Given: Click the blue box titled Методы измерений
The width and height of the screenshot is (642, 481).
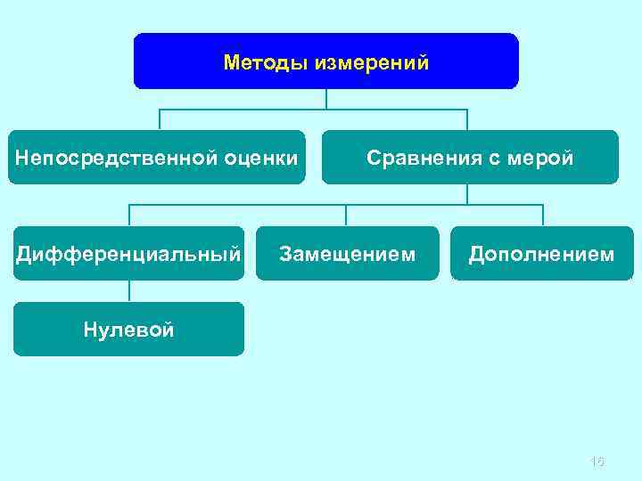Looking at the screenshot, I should (325, 61).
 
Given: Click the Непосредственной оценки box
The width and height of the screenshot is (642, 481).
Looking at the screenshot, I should (156, 158).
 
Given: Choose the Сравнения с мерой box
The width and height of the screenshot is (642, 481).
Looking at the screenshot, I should (469, 158).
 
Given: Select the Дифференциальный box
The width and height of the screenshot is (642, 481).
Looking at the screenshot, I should (128, 254).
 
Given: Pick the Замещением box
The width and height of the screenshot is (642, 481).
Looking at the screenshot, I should (347, 254).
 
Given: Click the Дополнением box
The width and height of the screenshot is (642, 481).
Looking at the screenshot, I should (542, 254).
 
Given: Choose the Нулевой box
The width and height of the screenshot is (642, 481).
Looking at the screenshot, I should (128, 329).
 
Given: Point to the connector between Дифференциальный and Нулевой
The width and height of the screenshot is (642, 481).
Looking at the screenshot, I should (129, 291).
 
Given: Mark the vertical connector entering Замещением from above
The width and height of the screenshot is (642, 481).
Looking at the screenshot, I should (347, 216).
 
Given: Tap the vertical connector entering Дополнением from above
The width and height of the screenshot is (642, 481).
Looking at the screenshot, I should (542, 216).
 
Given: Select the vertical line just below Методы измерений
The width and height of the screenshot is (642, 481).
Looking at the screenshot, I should (326, 99).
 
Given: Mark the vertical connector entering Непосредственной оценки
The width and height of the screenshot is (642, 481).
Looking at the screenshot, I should (160, 120).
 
